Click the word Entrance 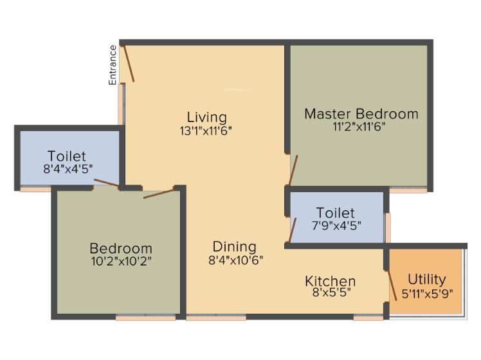(x=113, y=64)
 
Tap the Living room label (x=206, y=117)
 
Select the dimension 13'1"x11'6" (x=206, y=130)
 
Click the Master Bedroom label (x=361, y=114)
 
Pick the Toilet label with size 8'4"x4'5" (x=66, y=156)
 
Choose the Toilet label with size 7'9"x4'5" (x=334, y=212)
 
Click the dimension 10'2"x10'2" (x=121, y=261)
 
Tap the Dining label (x=234, y=246)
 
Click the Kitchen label (x=330, y=281)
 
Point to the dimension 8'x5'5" (x=330, y=293)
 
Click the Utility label (x=427, y=279)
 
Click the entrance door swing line (x=129, y=62)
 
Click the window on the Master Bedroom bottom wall (x=408, y=190)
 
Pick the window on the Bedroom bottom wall (x=145, y=317)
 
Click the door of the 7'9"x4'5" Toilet (x=293, y=230)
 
